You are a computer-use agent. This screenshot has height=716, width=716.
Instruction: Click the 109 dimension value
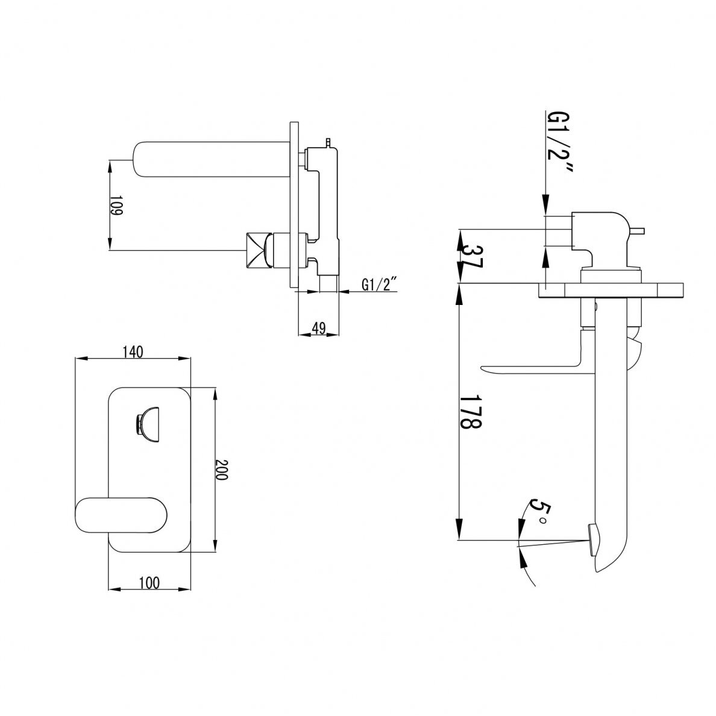[x=116, y=206]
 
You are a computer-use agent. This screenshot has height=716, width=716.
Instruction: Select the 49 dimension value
[x=319, y=328]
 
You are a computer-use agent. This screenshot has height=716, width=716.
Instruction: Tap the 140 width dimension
[x=133, y=352]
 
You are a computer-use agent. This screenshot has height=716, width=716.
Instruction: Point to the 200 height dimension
[x=221, y=469]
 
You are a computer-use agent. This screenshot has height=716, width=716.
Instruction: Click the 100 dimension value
[x=149, y=583]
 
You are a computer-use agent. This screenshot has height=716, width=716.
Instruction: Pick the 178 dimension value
[x=471, y=412]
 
